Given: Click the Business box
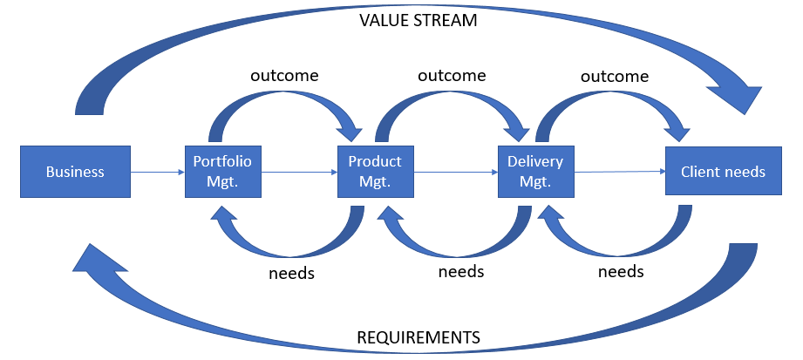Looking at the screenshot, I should (x=75, y=172).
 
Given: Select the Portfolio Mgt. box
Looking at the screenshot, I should (x=222, y=172).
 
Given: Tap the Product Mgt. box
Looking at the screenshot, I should (x=375, y=172).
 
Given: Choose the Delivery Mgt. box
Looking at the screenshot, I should (x=535, y=172).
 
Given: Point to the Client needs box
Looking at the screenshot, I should (x=723, y=172).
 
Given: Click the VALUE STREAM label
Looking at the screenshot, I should (x=419, y=20).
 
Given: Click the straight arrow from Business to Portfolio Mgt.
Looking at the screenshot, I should (x=158, y=173).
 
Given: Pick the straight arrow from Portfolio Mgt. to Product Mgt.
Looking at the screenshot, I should (x=299, y=173).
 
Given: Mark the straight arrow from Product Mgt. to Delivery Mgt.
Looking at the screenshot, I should (x=455, y=173).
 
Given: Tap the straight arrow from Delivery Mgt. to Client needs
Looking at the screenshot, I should (x=619, y=173).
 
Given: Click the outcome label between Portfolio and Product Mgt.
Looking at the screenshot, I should (x=284, y=75).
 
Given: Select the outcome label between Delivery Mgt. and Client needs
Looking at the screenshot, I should (x=615, y=76).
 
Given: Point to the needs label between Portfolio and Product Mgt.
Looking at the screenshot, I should (x=290, y=273).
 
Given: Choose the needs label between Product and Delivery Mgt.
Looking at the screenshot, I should (x=460, y=272).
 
